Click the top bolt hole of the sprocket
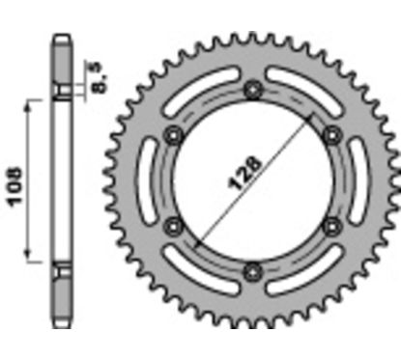[x=253, y=91]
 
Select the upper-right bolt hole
[x=330, y=135]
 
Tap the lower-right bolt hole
[x=330, y=225]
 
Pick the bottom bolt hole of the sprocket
[x=253, y=269]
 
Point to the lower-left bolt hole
[x=175, y=225]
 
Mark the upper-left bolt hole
[x=175, y=135]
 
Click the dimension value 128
[x=252, y=180]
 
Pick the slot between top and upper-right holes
[x=300, y=97]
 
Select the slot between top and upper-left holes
[x=206, y=97]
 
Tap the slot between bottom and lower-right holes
[x=300, y=263]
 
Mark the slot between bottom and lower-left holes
[x=206, y=263]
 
